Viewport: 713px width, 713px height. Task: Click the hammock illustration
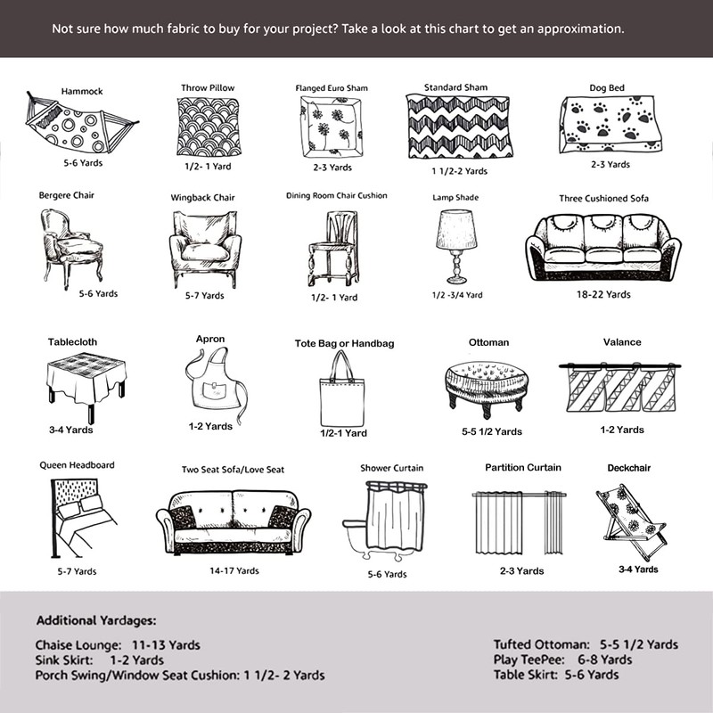(80, 126)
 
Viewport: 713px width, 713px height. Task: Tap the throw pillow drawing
(209, 127)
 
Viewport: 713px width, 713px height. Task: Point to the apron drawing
(210, 381)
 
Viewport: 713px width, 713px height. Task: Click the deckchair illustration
(630, 521)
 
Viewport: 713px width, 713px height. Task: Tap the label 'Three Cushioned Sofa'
(603, 198)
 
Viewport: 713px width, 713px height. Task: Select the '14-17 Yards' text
(234, 570)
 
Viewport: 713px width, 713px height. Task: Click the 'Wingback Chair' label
(202, 198)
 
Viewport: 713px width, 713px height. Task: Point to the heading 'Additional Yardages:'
(96, 619)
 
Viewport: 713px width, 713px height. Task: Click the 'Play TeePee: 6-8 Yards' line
(562, 660)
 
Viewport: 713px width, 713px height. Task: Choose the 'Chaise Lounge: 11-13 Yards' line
(118, 644)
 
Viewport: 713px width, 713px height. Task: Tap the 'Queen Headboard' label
(77, 465)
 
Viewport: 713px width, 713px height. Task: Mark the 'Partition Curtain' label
(523, 468)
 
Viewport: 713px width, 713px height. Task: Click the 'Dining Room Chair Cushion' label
(336, 195)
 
